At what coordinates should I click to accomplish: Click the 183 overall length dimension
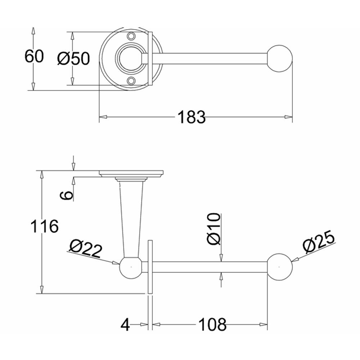click(x=191, y=117)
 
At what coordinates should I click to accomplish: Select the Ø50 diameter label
click(x=73, y=58)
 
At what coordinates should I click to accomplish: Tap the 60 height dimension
click(x=34, y=57)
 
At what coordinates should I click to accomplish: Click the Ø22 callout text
click(x=86, y=248)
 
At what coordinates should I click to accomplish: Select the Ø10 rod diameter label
click(x=215, y=229)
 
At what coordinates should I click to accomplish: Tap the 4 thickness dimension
click(x=125, y=325)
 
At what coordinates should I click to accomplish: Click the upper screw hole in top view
click(x=131, y=36)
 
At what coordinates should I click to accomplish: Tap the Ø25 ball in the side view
click(x=280, y=267)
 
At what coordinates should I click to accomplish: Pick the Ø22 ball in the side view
click(x=130, y=267)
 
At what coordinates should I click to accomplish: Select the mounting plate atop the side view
click(x=131, y=173)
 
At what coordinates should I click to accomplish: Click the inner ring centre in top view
click(x=130, y=58)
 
